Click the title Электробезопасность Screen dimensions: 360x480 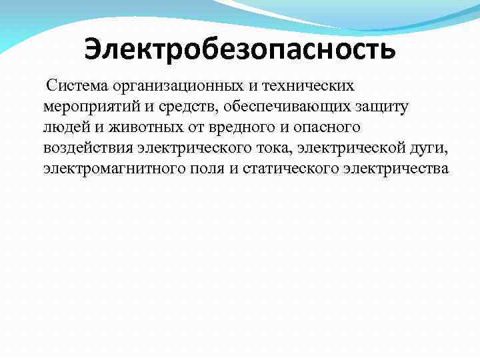coord(240,49)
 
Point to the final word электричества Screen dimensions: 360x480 coord(396,168)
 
